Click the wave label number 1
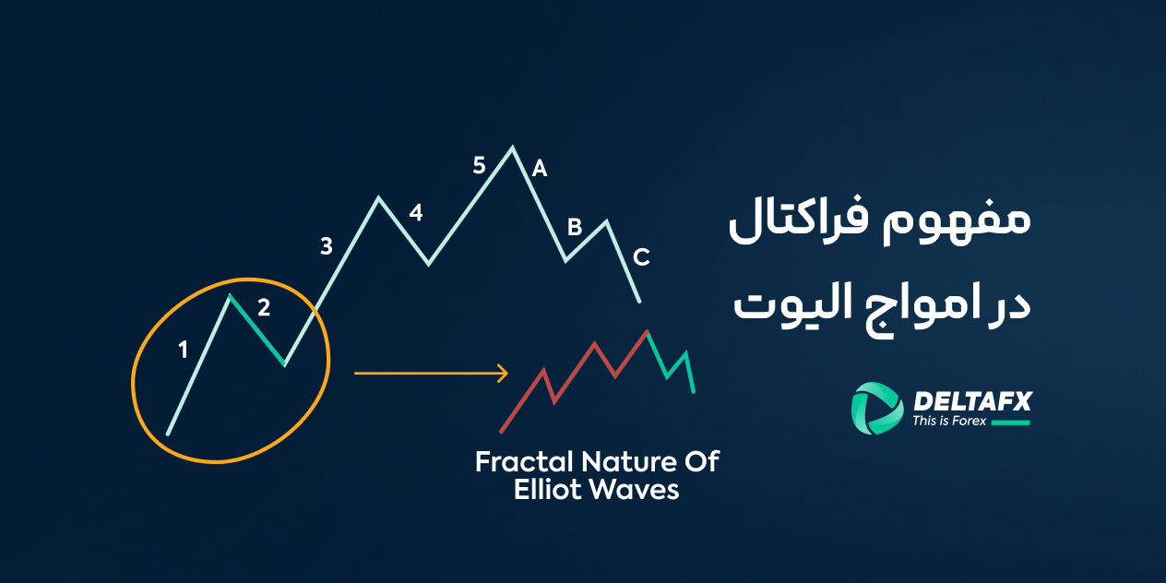click(183, 350)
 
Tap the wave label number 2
click(264, 308)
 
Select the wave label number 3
click(326, 246)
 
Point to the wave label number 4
click(416, 213)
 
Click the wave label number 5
click(479, 166)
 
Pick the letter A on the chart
click(540, 169)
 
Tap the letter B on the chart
click(574, 226)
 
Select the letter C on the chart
click(641, 256)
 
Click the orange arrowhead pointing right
click(503, 374)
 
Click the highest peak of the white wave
click(512, 147)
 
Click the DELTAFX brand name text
click(971, 400)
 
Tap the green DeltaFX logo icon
click(875, 407)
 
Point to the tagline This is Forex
click(949, 422)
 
